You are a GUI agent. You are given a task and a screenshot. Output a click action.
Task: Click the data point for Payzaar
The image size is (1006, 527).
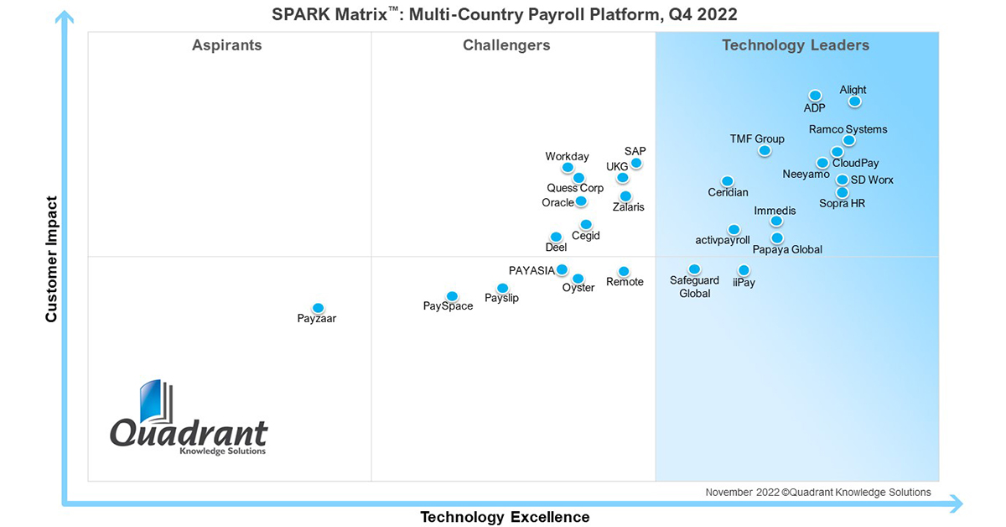point(318,308)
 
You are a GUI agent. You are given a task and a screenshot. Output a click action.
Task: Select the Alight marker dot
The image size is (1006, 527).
point(854,102)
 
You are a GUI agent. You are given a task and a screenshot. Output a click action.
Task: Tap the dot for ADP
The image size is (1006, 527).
point(814,96)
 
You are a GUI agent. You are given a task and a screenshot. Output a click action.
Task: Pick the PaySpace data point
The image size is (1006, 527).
point(452,296)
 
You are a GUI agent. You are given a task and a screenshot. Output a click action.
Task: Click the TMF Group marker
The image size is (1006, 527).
point(764,151)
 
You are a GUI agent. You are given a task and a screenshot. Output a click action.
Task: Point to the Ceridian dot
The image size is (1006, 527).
point(727,181)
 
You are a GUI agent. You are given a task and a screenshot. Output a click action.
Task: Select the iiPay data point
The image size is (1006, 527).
point(744,270)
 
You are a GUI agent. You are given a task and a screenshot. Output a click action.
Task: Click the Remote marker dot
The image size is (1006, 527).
point(624,271)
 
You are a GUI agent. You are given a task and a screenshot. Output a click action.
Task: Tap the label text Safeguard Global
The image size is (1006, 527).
point(694,287)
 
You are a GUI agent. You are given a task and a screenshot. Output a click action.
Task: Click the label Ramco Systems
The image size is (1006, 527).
point(848,129)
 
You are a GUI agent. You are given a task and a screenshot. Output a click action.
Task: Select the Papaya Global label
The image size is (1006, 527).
point(786,249)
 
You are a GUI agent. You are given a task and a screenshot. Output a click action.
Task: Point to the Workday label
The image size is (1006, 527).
point(567,156)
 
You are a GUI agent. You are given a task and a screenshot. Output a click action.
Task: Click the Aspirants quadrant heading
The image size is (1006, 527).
point(226,45)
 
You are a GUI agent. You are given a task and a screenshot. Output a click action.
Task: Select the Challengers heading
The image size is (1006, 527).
point(506,45)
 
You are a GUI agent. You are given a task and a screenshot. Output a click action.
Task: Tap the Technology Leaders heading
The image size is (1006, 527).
point(796,45)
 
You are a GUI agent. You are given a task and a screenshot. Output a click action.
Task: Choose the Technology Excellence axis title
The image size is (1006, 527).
point(505,517)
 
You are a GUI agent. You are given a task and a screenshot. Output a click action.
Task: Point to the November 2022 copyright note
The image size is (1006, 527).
point(817,493)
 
